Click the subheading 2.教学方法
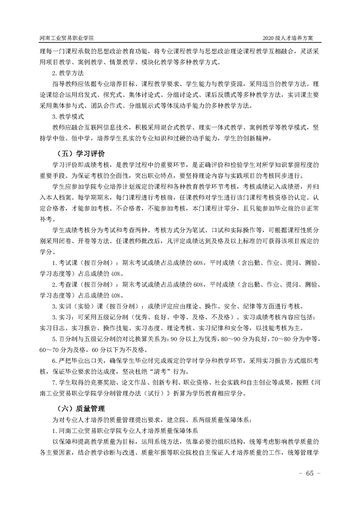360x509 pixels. click(x=67, y=73)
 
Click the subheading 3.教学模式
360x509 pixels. click(x=67, y=116)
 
